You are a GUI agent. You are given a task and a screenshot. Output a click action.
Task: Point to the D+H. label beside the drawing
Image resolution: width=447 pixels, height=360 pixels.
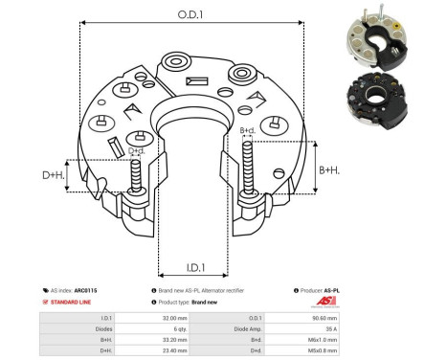(55, 175)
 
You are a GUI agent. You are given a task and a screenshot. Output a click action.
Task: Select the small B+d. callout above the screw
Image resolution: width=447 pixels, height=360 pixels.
(247, 130)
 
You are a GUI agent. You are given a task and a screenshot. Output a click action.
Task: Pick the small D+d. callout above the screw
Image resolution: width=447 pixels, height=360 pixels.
(136, 150)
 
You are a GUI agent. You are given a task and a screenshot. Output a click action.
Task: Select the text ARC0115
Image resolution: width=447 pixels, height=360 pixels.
(86, 288)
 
